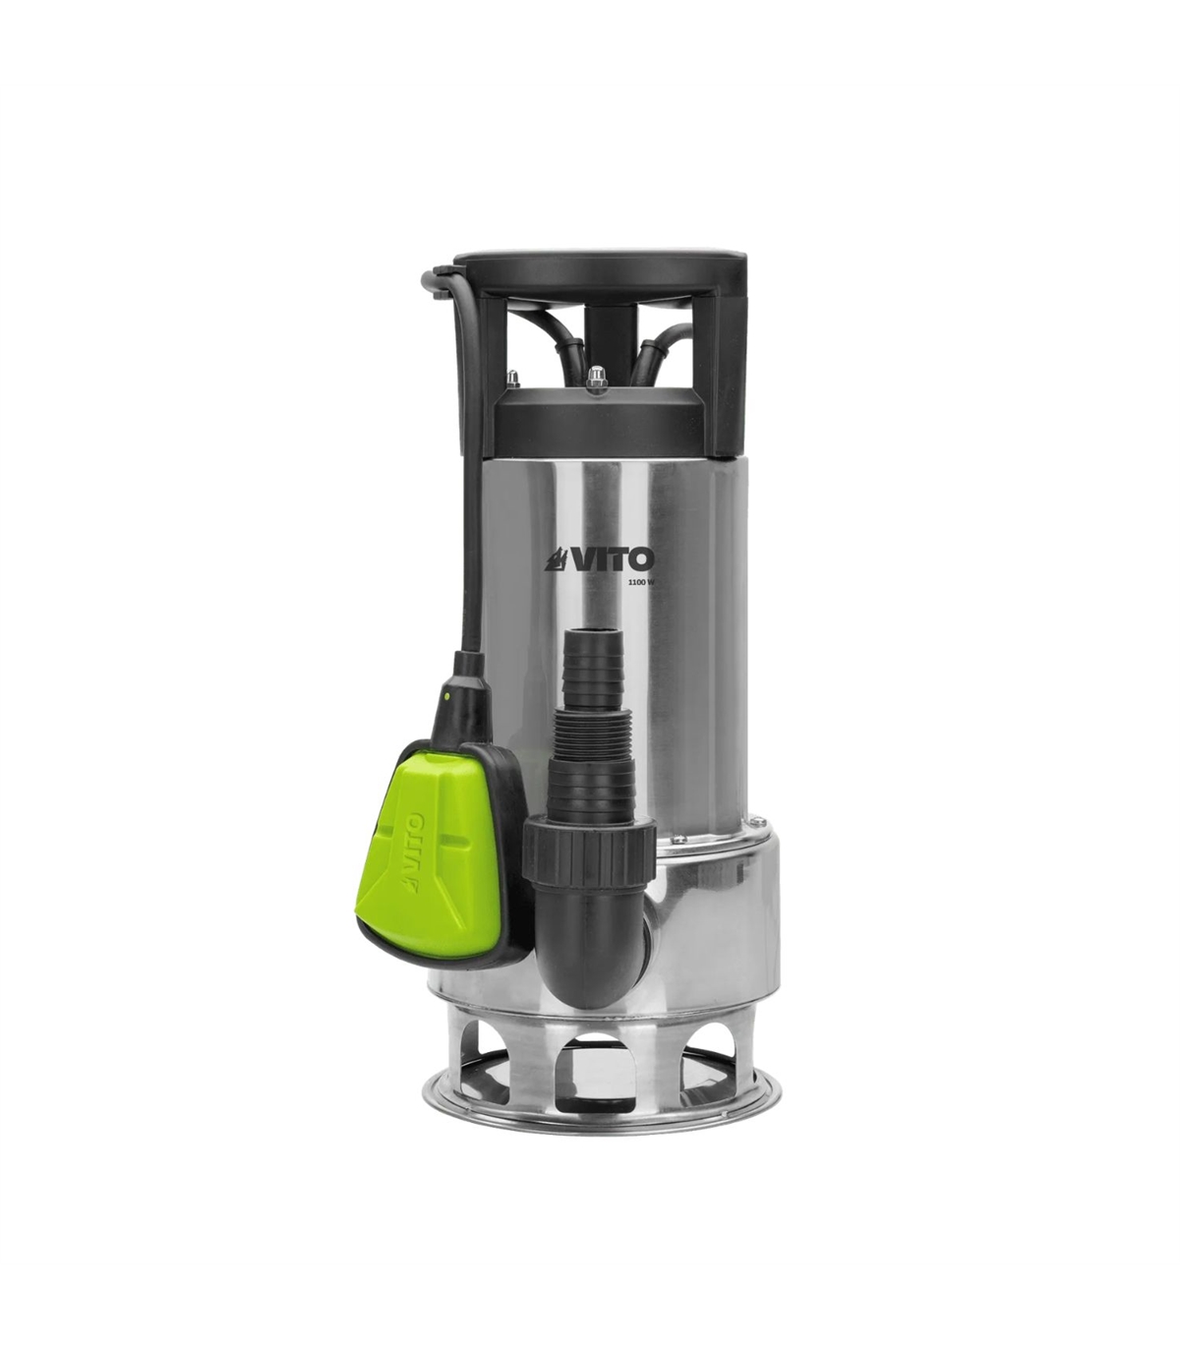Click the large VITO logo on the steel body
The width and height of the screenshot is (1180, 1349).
pyautogui.click(x=599, y=559)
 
